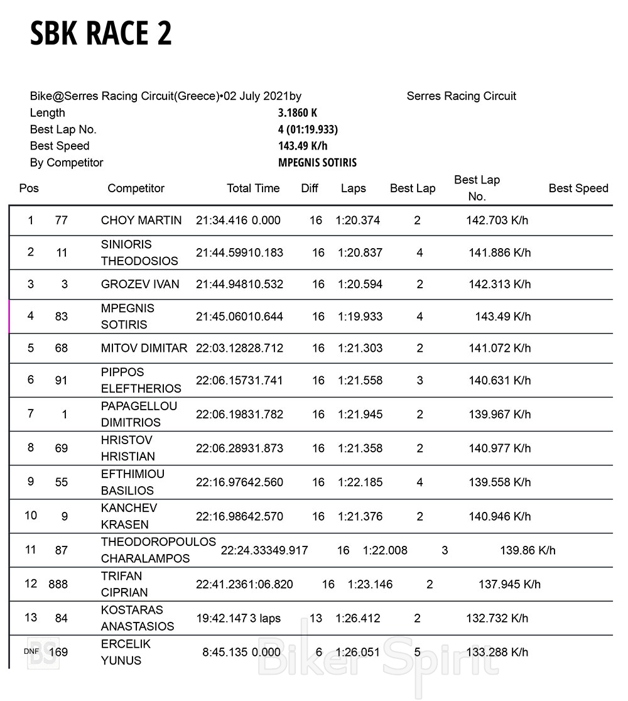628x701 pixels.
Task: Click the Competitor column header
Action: (x=136, y=188)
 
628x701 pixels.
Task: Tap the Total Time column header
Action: (x=253, y=188)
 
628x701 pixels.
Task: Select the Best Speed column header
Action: (x=578, y=188)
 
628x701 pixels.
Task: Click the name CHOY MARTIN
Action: (x=141, y=220)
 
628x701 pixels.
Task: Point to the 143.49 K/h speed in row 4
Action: (x=502, y=317)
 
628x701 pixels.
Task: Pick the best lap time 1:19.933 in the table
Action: (x=360, y=317)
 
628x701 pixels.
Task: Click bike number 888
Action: (x=58, y=584)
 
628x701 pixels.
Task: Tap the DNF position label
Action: (x=31, y=651)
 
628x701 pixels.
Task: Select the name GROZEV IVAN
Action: (x=140, y=285)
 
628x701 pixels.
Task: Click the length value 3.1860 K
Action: (x=298, y=113)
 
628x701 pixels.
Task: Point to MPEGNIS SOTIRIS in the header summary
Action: (x=317, y=163)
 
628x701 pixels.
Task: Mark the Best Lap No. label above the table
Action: (x=63, y=129)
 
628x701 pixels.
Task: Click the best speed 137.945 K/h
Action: (x=509, y=584)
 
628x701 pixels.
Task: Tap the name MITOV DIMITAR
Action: (x=144, y=348)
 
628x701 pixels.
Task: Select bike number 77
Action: (x=61, y=220)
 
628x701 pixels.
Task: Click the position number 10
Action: (x=31, y=516)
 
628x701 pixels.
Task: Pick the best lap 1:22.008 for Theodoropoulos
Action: (x=385, y=550)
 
